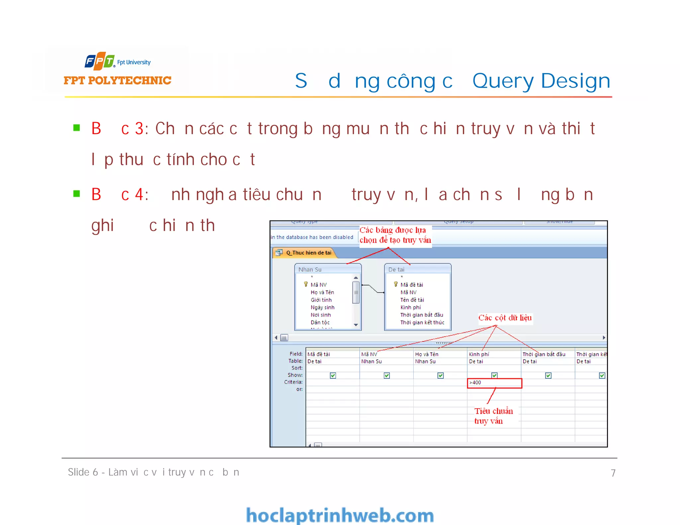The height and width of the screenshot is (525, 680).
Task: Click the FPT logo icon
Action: (100, 61)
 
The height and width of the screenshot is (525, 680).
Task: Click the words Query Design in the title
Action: (541, 81)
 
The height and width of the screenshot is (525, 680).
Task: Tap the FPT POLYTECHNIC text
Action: (118, 80)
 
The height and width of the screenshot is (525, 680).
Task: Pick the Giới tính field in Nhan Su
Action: (321, 300)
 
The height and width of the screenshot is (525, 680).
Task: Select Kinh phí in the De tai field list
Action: (410, 307)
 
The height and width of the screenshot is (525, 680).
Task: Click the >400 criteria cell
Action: (494, 383)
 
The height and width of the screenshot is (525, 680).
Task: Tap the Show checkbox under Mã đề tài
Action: (333, 375)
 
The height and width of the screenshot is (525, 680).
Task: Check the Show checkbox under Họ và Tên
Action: (441, 375)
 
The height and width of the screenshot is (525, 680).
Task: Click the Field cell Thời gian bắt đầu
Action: (544, 354)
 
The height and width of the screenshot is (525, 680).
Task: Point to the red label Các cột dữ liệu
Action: (505, 318)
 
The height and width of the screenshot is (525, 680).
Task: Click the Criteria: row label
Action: (293, 382)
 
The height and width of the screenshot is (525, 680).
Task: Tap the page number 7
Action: (613, 473)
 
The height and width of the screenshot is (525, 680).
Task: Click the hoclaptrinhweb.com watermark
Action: (340, 515)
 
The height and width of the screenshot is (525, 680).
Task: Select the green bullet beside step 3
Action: (77, 128)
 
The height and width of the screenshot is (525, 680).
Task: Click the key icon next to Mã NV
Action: (305, 284)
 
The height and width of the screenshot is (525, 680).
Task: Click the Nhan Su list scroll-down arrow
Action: (356, 325)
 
